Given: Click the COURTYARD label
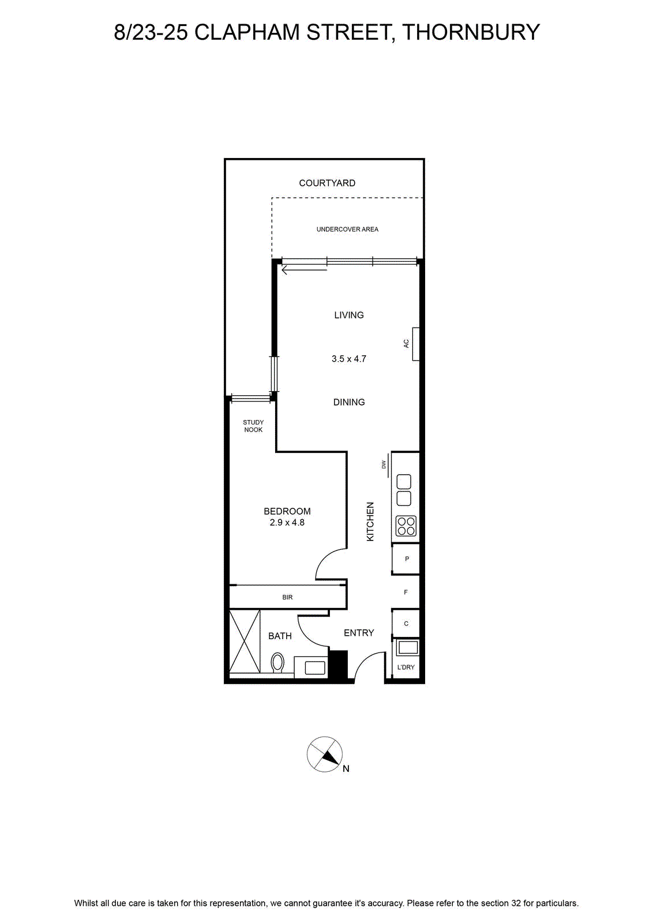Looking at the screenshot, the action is click(327, 183).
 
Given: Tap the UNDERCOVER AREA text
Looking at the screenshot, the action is click(347, 229).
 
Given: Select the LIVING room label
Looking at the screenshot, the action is click(349, 315).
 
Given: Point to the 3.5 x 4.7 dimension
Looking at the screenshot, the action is click(349, 358).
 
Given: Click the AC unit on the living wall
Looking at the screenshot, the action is click(416, 344).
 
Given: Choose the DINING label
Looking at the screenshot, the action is click(349, 402).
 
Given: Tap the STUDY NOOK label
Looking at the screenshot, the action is click(253, 426).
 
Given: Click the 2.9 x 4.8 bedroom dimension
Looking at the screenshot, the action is click(287, 523).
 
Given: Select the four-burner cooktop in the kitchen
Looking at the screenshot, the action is click(406, 526).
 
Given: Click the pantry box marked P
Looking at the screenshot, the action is click(406, 559).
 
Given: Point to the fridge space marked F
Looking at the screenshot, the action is click(406, 592).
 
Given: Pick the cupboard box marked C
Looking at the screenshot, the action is click(406, 624).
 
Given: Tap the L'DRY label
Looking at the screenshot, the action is click(406, 667).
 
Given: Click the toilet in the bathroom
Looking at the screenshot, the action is click(277, 663).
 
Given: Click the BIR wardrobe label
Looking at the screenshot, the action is click(288, 597).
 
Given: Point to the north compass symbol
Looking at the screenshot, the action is click(325, 755).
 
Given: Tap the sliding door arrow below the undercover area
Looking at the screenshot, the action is click(304, 271).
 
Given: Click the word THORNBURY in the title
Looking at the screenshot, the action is click(471, 32).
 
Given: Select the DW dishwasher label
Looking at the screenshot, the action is click(384, 464).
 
